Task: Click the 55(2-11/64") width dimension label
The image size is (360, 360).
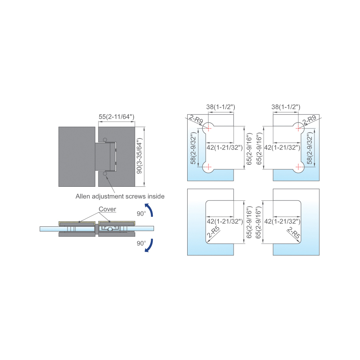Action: pyautogui.click(x=116, y=117)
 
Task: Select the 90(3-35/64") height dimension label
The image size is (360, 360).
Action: pyautogui.click(x=139, y=156)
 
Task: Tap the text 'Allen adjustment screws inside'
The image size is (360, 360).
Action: pyautogui.click(x=120, y=196)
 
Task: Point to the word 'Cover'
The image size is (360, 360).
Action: pyautogui.click(x=107, y=209)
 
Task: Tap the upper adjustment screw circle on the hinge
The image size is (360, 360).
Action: pyautogui.click(x=105, y=140)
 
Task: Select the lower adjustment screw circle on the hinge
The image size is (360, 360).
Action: pyautogui.click(x=105, y=174)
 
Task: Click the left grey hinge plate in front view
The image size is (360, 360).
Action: pyautogui.click(x=77, y=156)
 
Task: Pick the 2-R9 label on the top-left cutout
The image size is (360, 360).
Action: pyautogui.click(x=196, y=119)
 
